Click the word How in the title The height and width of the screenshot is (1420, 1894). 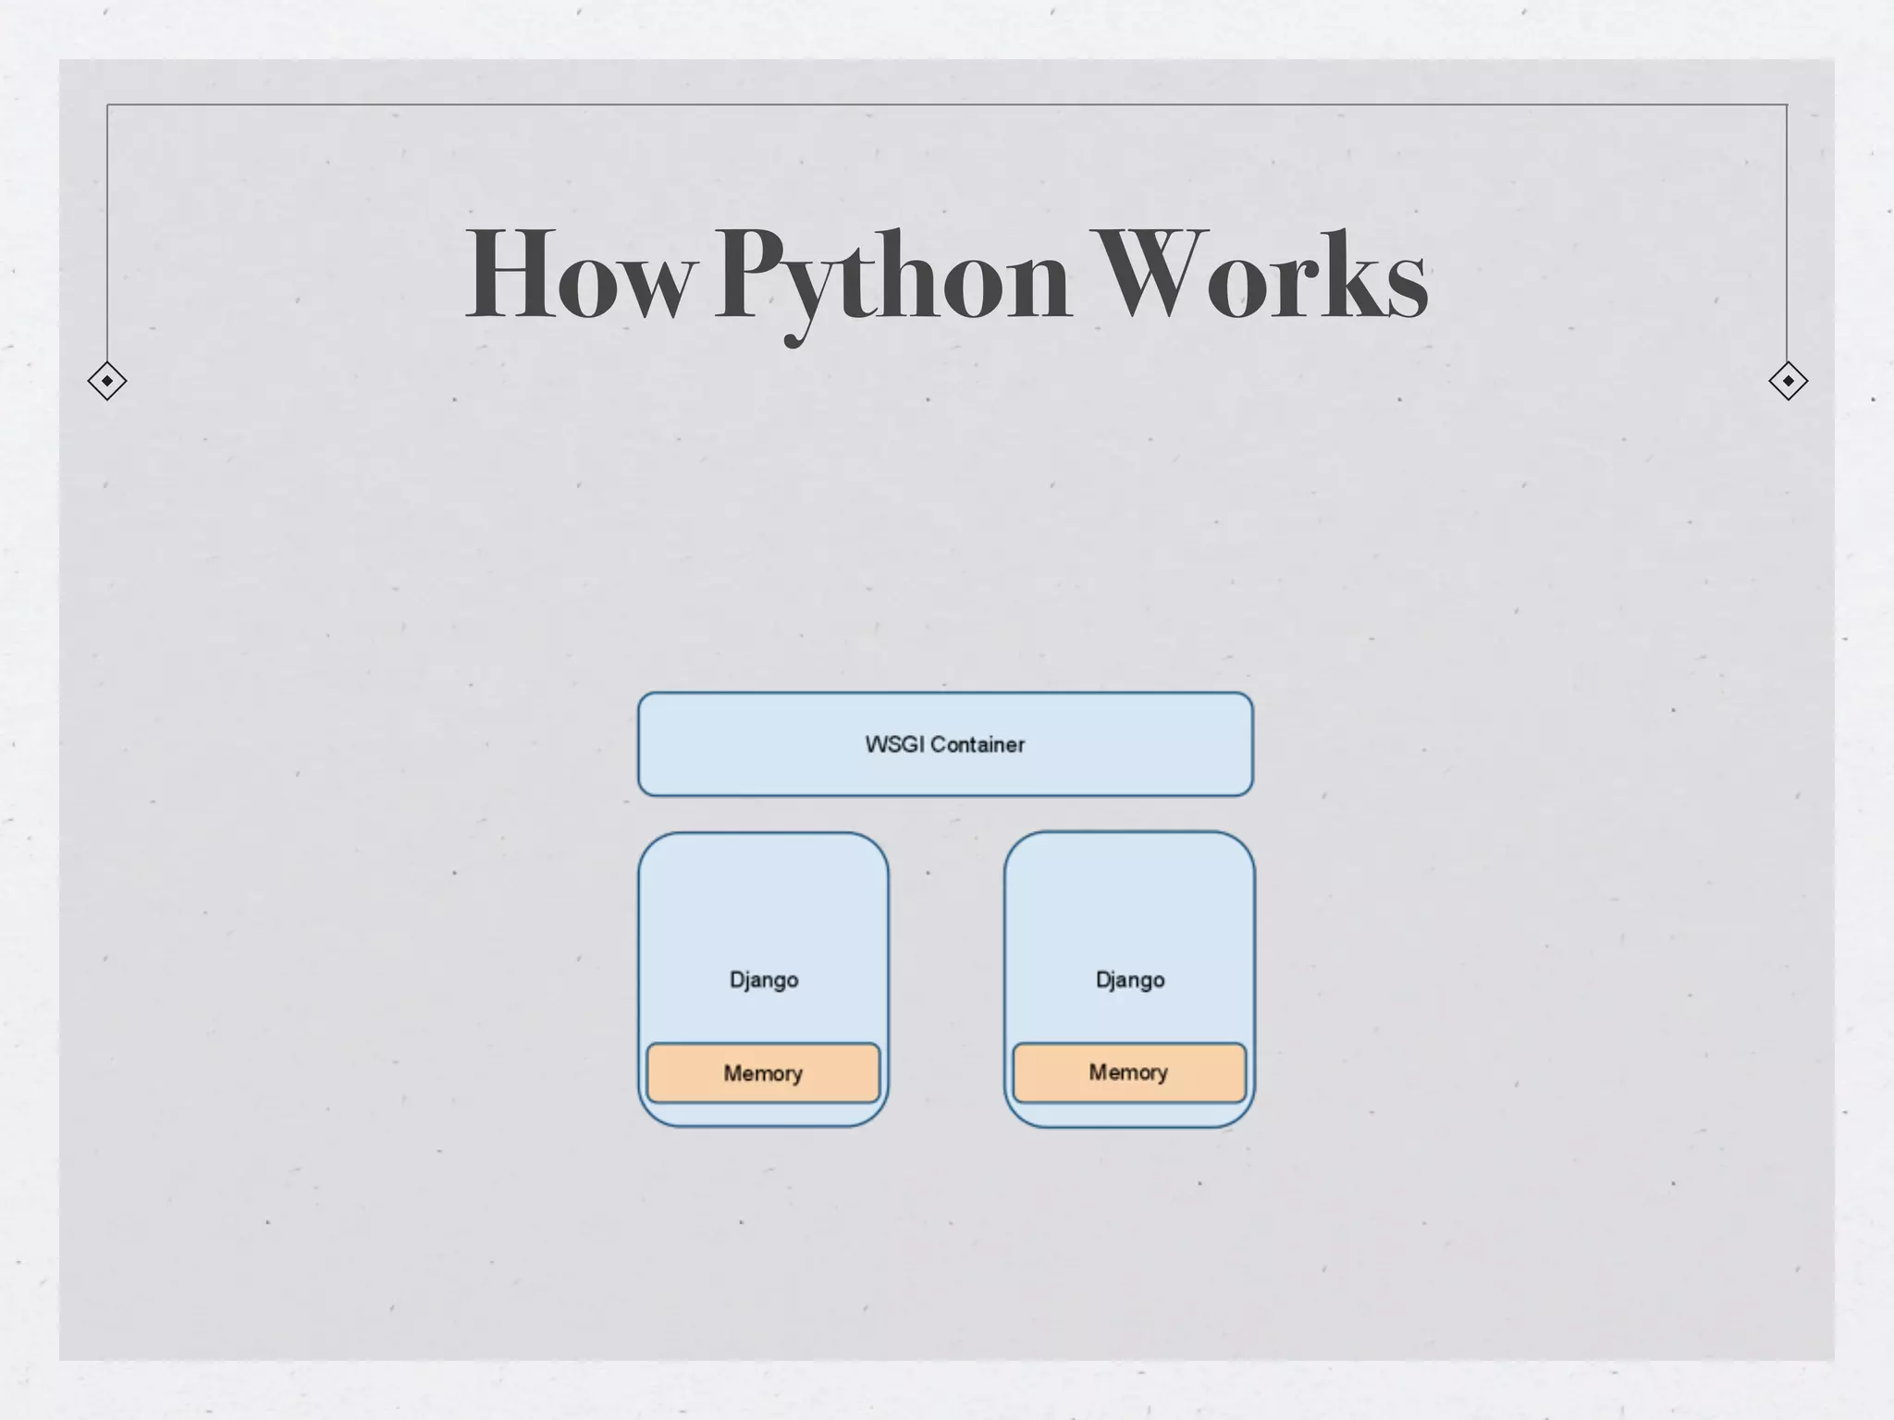pyautogui.click(x=579, y=275)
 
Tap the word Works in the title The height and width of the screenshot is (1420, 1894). pyautogui.click(x=1260, y=275)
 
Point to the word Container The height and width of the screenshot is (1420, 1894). pyautogui.click(x=978, y=744)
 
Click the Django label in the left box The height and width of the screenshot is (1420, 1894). pyautogui.click(x=764, y=980)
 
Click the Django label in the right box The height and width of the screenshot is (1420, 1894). pyautogui.click(x=1130, y=980)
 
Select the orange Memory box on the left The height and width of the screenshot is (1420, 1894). pyautogui.click(x=763, y=1073)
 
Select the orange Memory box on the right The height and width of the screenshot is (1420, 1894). pyautogui.click(x=1129, y=1072)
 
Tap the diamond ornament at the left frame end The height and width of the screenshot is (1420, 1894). pyautogui.click(x=107, y=381)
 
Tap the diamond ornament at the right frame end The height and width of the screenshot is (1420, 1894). pyautogui.click(x=1788, y=381)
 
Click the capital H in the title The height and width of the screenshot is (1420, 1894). pyautogui.click(x=510, y=275)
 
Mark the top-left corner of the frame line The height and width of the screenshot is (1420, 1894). pyautogui.click(x=107, y=104)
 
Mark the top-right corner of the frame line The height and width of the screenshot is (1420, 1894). pyautogui.click(x=1787, y=104)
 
